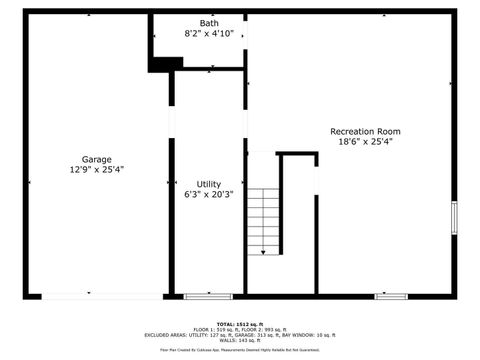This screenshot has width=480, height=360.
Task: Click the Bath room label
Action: [x=209, y=23]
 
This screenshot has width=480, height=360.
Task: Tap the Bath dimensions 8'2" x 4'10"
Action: [x=209, y=33]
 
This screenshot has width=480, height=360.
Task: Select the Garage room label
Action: [x=97, y=159]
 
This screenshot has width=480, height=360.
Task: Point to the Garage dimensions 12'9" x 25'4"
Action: [x=97, y=169]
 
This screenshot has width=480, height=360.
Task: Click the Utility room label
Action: [x=209, y=184]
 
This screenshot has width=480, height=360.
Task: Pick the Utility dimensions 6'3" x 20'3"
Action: [x=209, y=194]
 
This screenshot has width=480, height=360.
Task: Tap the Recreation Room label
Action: [x=365, y=131]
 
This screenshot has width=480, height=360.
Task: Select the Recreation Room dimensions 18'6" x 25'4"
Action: [x=365, y=141]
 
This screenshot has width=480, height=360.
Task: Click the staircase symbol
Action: [x=264, y=220]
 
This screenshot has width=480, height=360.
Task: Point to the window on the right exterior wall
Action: [x=454, y=216]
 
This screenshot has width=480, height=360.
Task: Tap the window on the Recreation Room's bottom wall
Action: [x=390, y=296]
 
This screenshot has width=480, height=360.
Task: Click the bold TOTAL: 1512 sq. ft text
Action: [x=240, y=324]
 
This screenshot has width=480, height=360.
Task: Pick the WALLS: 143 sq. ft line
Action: [x=240, y=341]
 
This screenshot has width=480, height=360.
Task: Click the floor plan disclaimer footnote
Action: [x=240, y=350]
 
